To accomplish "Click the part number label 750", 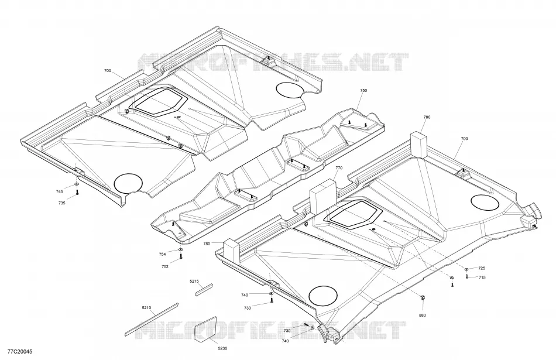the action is coord(363,91).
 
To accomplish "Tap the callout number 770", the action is coord(339,168).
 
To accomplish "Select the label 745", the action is coord(60,191).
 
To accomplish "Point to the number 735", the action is coord(62,203).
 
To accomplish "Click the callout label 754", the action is coord(162,254).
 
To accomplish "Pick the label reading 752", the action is coord(165,266).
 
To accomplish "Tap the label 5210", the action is coord(146,307).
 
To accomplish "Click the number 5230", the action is coord(222,349).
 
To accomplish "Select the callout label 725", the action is coord(482,269).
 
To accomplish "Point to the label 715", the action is coord(482,277).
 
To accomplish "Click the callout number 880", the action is coord(423,316).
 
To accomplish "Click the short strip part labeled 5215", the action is coord(204,289).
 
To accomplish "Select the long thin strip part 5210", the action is coord(152,319).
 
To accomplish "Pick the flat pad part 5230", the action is coord(205,330).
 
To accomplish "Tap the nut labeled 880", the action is coord(423,297).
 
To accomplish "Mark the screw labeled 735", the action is coord(77,193).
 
